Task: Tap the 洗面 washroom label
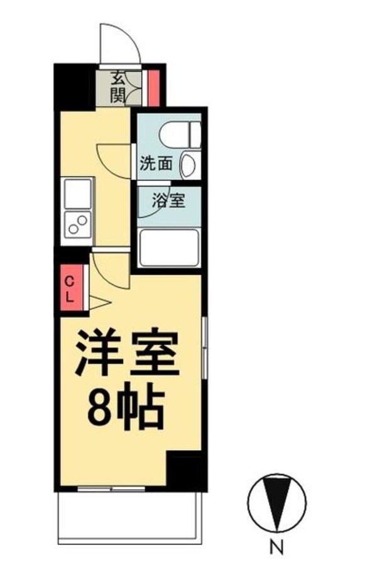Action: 156,164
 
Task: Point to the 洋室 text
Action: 128,356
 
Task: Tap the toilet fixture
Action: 179,134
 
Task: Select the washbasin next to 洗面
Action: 188,166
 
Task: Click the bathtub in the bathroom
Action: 169,247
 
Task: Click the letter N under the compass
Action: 276,548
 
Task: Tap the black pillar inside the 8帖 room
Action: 187,469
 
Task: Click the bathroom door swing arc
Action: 148,205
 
